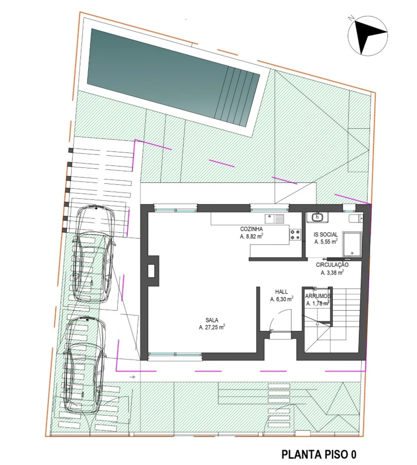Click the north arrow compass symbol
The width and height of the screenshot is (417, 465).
tap(368, 35)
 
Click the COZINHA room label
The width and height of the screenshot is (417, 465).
tap(252, 229)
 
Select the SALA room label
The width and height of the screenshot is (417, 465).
tap(212, 320)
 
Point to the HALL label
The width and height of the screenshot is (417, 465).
tap(281, 292)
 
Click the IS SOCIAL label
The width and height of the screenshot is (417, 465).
tap(326, 235)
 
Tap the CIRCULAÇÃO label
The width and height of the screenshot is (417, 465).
tap(332, 265)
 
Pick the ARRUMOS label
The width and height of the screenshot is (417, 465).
tap(318, 296)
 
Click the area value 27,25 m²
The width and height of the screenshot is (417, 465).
tap(212, 327)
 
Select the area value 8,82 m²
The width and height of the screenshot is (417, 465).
tap(252, 236)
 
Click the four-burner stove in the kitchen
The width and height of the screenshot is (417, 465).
tap(295, 234)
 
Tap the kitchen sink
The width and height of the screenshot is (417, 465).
tap(274, 218)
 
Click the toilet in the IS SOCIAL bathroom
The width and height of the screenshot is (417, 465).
tap(356, 218)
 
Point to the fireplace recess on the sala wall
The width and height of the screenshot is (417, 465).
tap(151, 271)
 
